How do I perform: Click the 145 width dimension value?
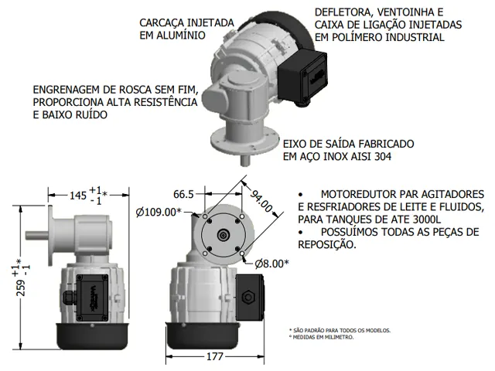[x=77, y=196]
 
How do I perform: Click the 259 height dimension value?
[x=21, y=288]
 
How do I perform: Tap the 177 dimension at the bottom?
[x=215, y=356]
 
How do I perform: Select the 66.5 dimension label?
[x=183, y=194]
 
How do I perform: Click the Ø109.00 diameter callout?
[x=159, y=213]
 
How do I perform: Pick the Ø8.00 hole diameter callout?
[x=271, y=264]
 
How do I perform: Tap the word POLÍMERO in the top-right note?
[x=356, y=37]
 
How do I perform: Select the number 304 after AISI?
[x=383, y=156]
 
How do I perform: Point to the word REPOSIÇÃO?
[x=326, y=244]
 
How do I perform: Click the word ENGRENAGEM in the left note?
[x=67, y=90]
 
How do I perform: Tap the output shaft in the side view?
[x=36, y=235]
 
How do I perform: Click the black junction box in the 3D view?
[x=302, y=80]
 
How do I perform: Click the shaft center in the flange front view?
[x=224, y=235]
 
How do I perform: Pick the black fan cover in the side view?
[x=92, y=336]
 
